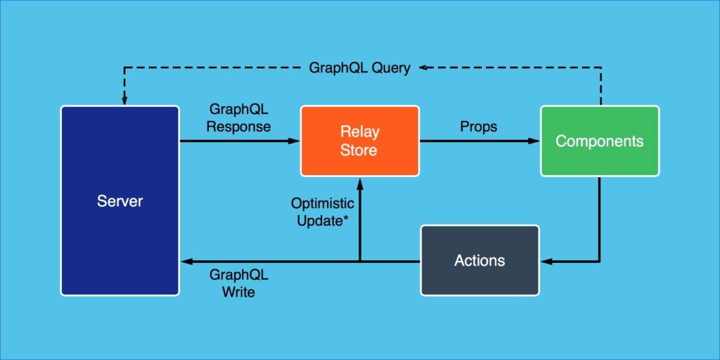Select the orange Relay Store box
pyautogui.click(x=359, y=141)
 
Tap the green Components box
pyautogui.click(x=599, y=141)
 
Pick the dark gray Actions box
pyautogui.click(x=480, y=260)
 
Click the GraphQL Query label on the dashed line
pyautogui.click(x=359, y=68)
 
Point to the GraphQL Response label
pyautogui.click(x=240, y=118)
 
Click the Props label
pyautogui.click(x=478, y=127)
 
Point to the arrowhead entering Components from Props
pyautogui.click(x=534, y=141)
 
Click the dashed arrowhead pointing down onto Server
pyautogui.click(x=124, y=101)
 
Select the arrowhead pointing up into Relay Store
pyautogui.click(x=360, y=181)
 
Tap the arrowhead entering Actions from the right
pyautogui.click(x=545, y=262)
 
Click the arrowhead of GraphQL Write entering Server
pyautogui.click(x=186, y=262)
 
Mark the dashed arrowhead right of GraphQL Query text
pyautogui.click(x=425, y=68)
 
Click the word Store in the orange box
pyautogui.click(x=359, y=150)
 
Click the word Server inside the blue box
pyautogui.click(x=120, y=202)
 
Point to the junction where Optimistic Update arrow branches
pyautogui.click(x=360, y=262)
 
